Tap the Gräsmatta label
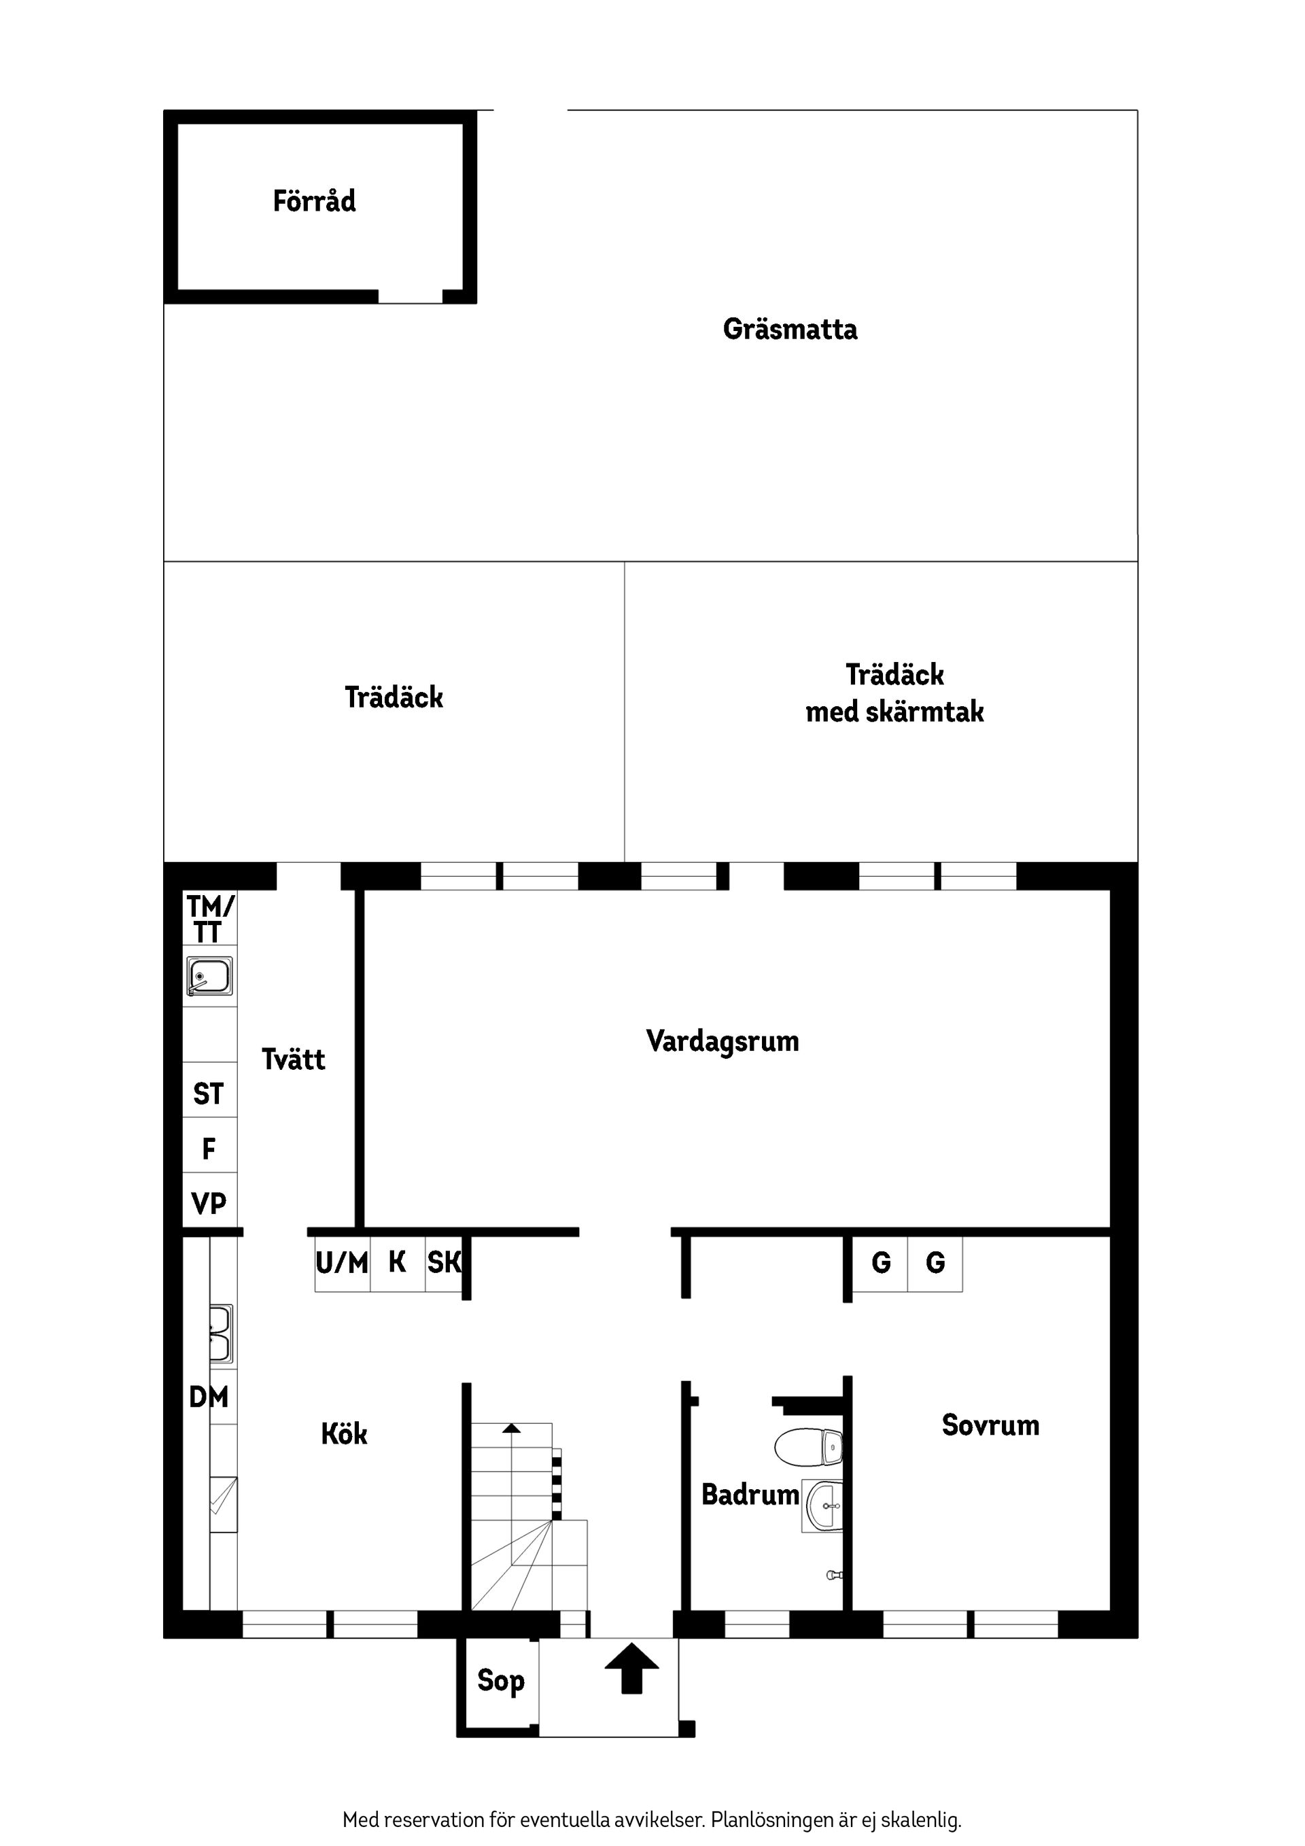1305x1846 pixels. (x=790, y=330)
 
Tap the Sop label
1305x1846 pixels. (x=500, y=1679)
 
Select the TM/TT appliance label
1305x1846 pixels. (x=210, y=920)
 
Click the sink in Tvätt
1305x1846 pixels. (x=210, y=976)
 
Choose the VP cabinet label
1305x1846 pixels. (x=209, y=1204)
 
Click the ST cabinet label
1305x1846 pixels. (x=208, y=1094)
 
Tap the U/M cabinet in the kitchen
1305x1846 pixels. (x=342, y=1263)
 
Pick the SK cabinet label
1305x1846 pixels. (x=444, y=1263)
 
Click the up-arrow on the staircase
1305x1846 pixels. (x=510, y=1428)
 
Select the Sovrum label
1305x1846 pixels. (x=990, y=1425)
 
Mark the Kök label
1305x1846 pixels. (x=344, y=1434)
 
